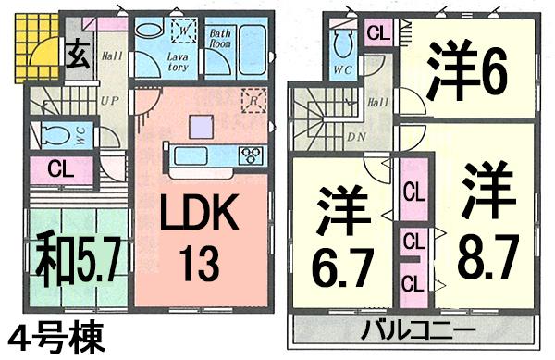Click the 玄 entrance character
click(x=77, y=56)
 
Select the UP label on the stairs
click(x=108, y=99)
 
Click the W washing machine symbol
click(x=184, y=31)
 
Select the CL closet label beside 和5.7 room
click(x=58, y=169)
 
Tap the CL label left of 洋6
click(x=377, y=33)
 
